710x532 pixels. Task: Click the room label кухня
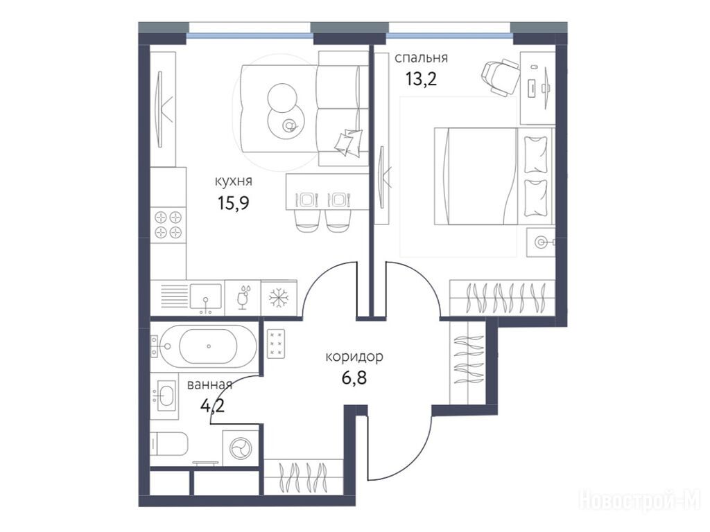click(234, 181)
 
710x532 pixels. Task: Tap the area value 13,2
click(421, 79)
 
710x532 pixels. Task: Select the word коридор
click(354, 357)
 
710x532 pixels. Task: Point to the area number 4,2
click(212, 406)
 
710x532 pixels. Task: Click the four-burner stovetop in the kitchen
click(168, 225)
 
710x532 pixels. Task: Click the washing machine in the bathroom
click(241, 448)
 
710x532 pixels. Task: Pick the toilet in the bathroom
click(169, 444)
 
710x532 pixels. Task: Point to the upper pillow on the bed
click(536, 154)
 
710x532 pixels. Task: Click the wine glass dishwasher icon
click(243, 297)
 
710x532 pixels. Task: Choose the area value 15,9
click(234, 203)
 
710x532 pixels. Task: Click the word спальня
click(421, 59)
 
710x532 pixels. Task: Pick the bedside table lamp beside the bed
click(541, 242)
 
